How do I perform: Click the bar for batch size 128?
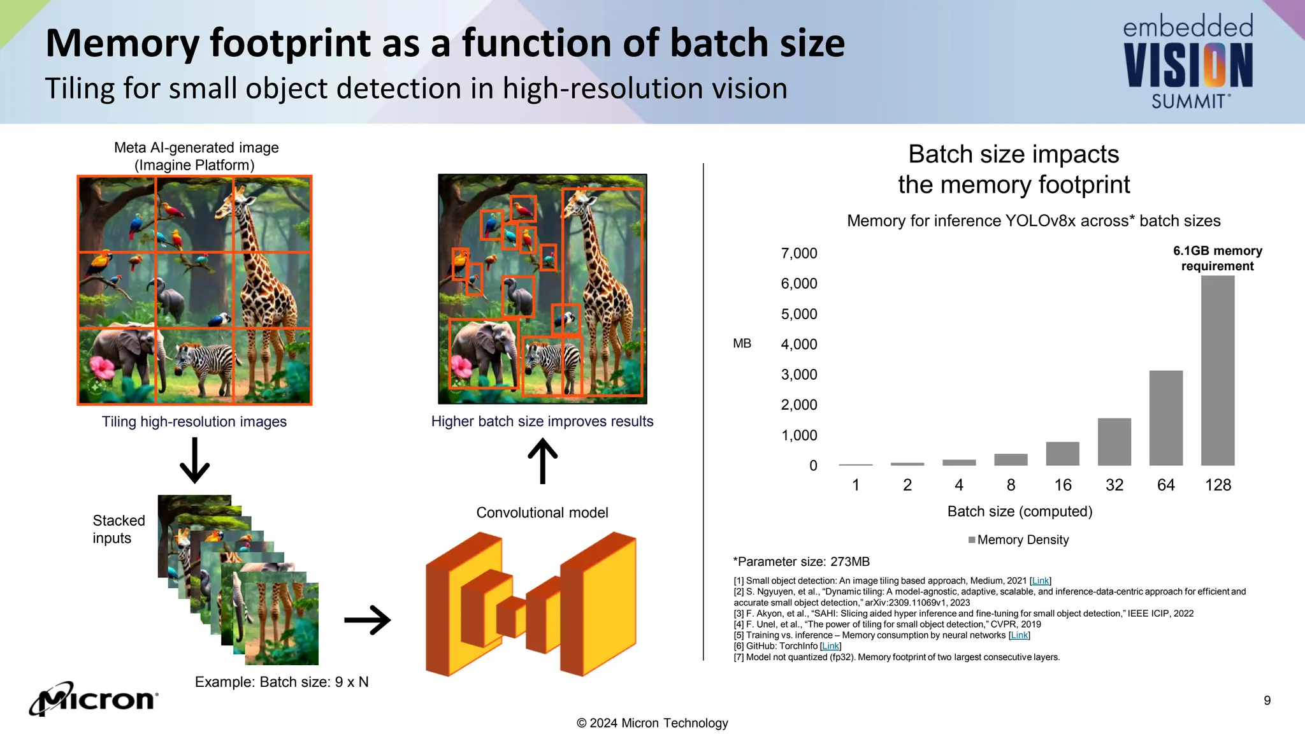1217,370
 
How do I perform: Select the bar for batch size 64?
1165,418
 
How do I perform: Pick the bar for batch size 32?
1114,442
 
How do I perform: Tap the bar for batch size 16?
1062,454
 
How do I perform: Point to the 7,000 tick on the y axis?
798,254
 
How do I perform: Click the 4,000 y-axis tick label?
798,345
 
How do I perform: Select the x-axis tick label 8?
1011,486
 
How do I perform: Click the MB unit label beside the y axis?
742,344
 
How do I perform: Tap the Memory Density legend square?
972,540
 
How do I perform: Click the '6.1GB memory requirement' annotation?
1217,259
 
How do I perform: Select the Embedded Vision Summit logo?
1188,62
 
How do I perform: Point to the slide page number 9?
1267,701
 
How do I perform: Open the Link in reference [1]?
1040,581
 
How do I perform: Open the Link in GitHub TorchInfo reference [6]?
830,646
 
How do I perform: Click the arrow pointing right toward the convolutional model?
367,620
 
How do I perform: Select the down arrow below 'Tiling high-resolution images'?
194,460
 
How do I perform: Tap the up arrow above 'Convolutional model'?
542,460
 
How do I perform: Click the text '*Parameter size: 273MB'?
801,562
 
